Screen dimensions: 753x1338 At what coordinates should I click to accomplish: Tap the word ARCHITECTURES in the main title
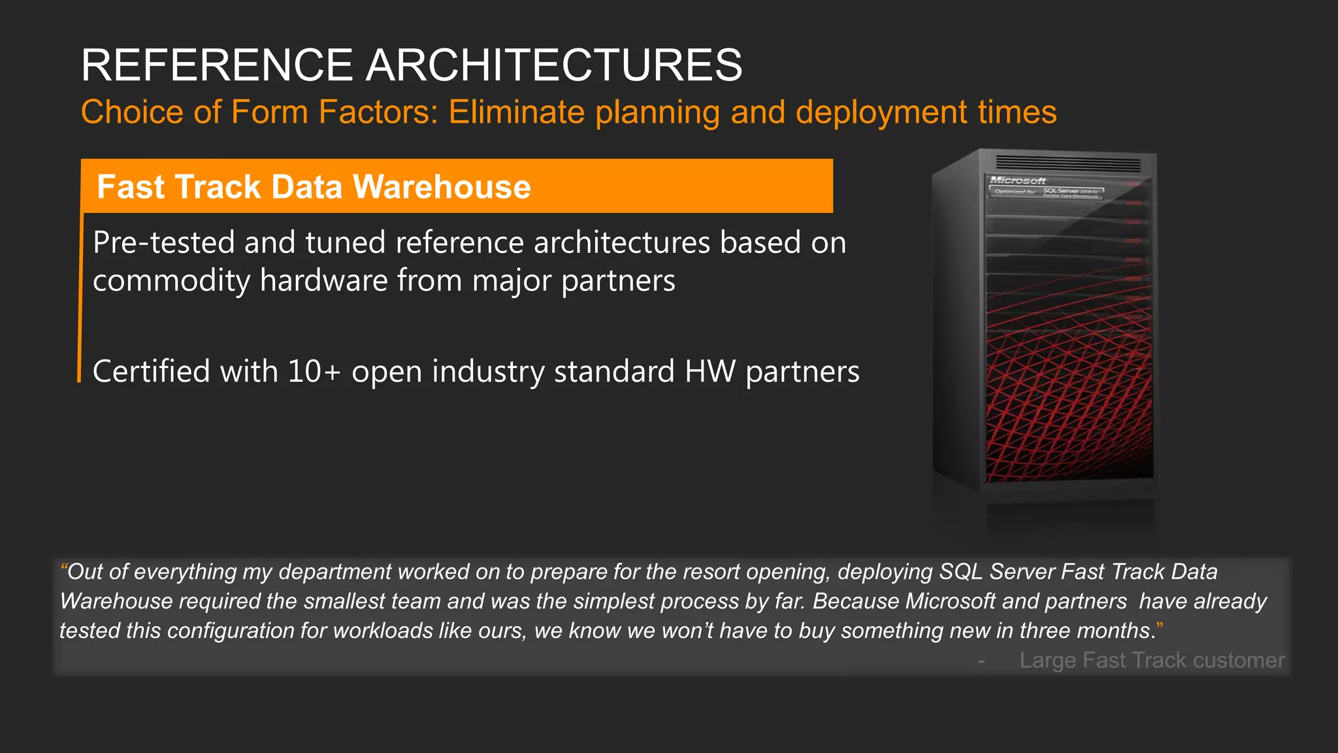[x=553, y=65]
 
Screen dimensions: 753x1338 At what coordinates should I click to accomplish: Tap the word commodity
[x=171, y=281]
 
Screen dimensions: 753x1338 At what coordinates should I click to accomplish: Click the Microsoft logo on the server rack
[x=1018, y=180]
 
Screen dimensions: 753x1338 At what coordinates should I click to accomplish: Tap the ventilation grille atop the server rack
[x=1068, y=163]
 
